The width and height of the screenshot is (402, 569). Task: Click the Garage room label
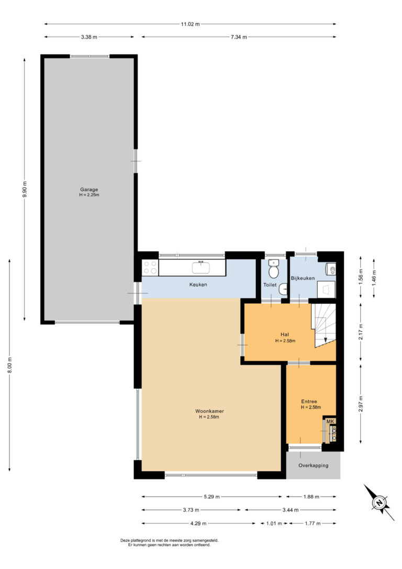[89, 190]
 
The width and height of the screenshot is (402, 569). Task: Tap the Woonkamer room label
[209, 411]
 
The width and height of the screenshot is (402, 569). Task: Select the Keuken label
[198, 284]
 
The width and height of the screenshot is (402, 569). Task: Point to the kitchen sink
[201, 267]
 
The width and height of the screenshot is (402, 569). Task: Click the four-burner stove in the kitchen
[150, 267]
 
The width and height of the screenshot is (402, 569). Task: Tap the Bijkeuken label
[303, 278]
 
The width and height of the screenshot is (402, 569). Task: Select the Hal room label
[285, 335]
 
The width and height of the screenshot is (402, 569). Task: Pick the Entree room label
[309, 401]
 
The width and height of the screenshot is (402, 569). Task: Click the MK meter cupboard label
[330, 421]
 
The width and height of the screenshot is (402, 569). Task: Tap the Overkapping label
[314, 466]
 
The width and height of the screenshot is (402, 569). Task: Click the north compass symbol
[379, 503]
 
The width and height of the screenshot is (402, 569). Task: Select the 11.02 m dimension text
[191, 24]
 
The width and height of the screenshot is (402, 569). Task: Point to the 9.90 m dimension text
[25, 189]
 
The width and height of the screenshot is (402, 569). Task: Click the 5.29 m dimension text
[211, 497]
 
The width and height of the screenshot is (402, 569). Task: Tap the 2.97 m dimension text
[361, 404]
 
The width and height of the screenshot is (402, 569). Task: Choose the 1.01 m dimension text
[274, 523]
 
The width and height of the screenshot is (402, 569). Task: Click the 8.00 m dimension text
[10, 365]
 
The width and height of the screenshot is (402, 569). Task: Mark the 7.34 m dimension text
[239, 37]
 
